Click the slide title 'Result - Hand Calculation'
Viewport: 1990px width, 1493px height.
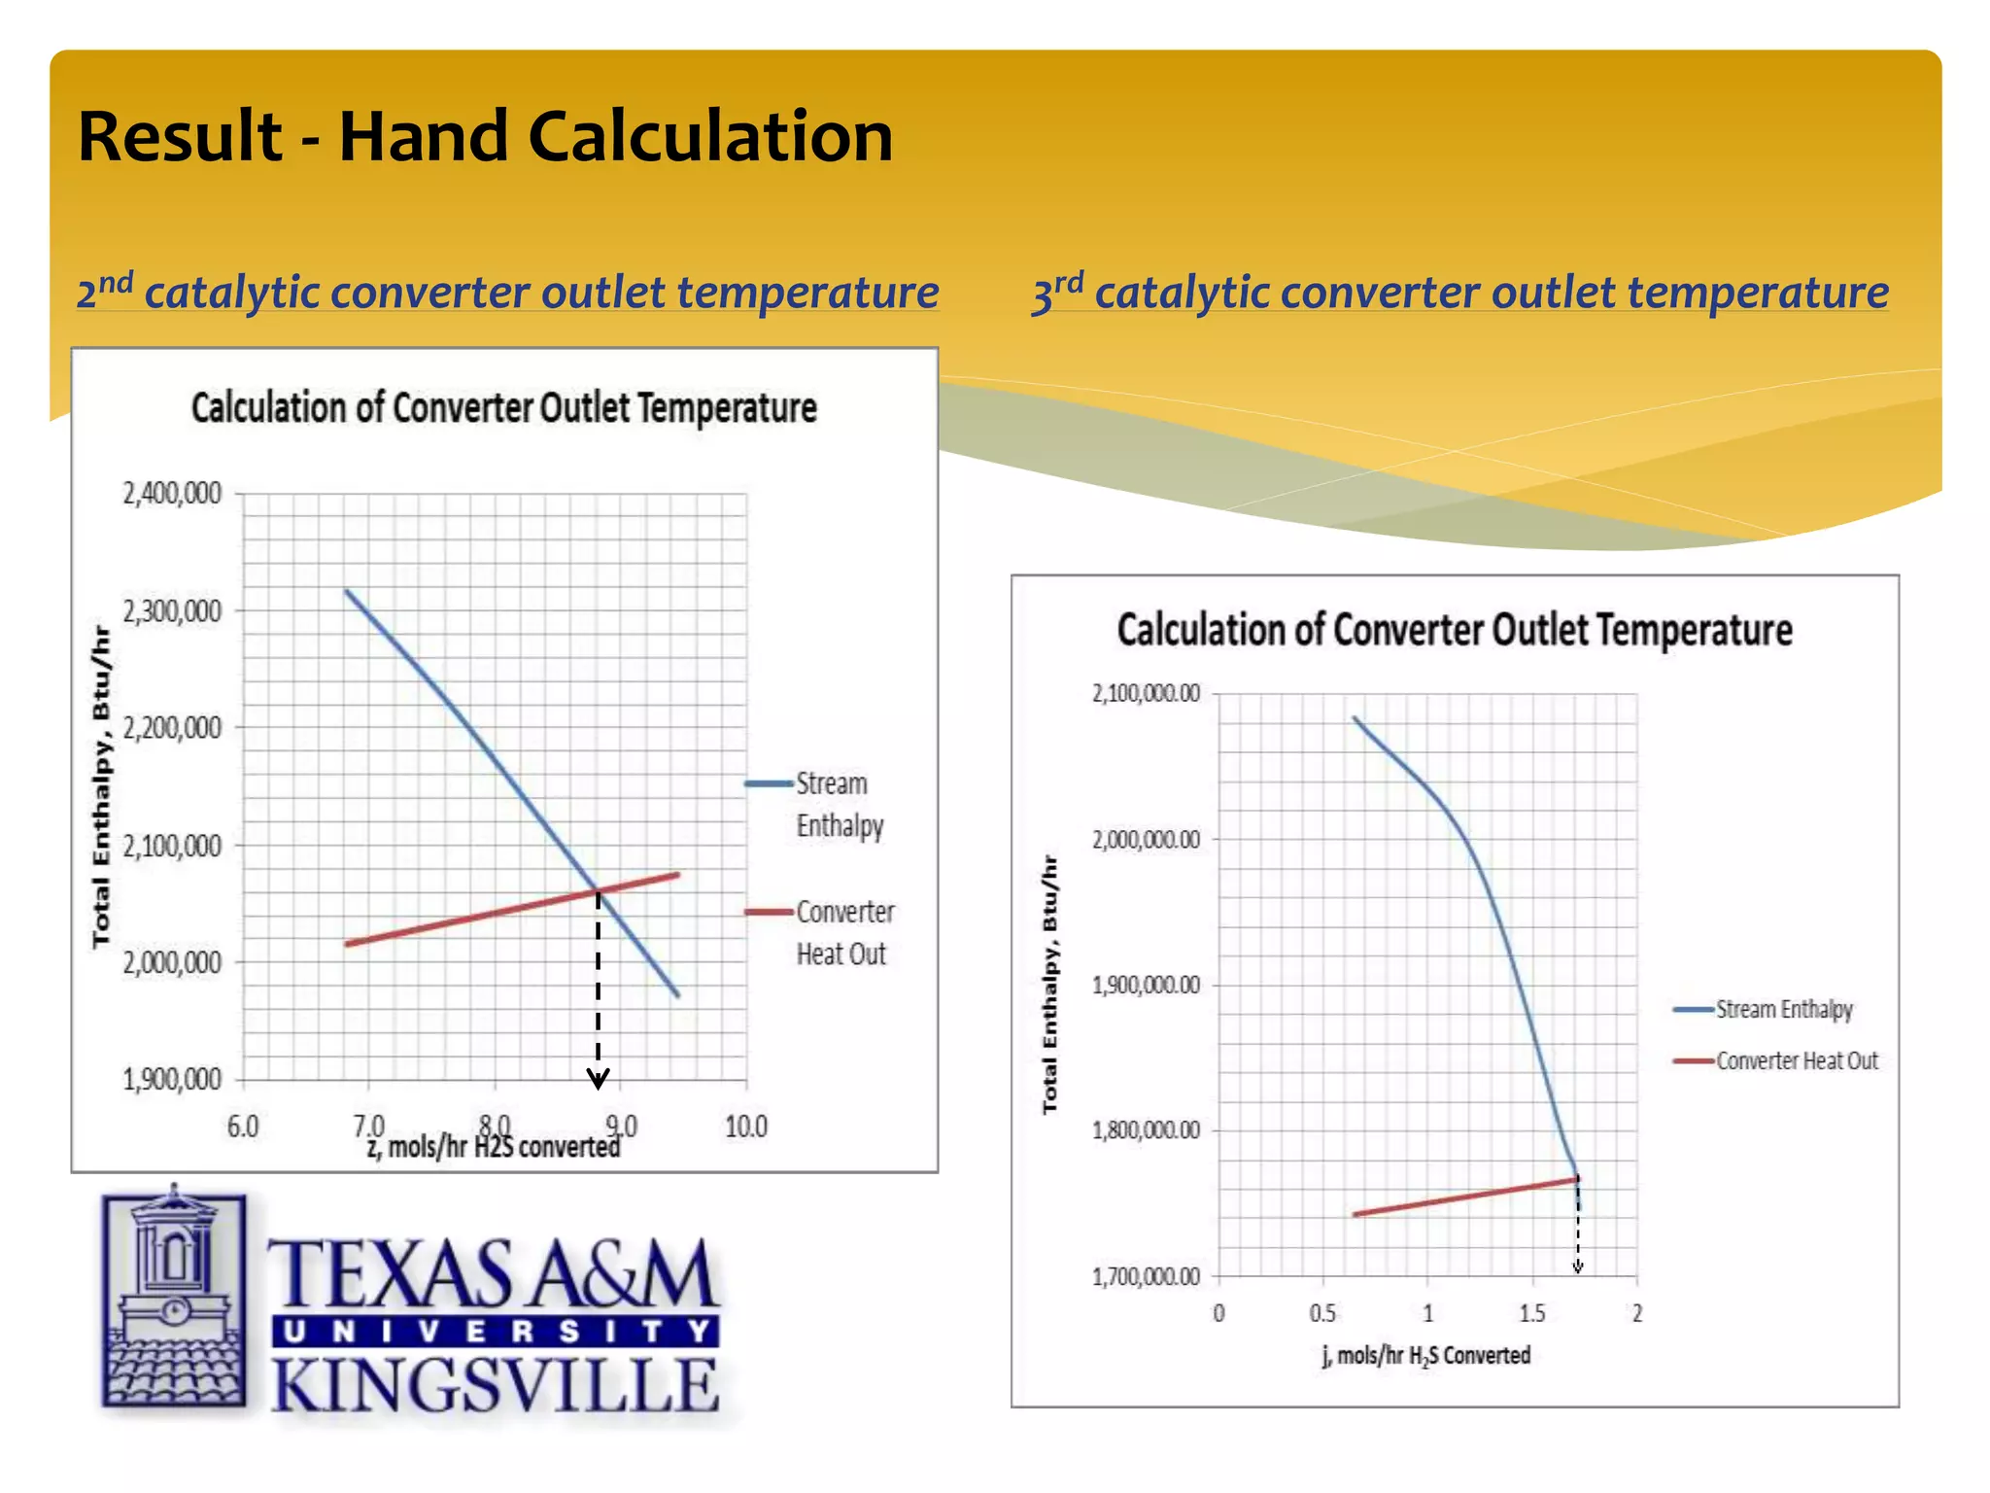click(484, 136)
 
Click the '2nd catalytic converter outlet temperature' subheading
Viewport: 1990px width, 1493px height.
click(507, 293)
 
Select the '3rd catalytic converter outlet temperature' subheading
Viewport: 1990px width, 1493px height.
click(1459, 293)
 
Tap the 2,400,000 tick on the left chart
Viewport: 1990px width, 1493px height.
click(172, 494)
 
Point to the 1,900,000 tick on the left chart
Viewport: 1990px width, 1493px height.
click(172, 1079)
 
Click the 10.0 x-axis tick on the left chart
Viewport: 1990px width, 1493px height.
click(745, 1127)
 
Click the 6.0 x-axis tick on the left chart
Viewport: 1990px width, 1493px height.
click(243, 1127)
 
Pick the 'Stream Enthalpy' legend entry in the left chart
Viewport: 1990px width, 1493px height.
click(831, 804)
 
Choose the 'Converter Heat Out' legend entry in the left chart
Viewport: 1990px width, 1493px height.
click(843, 932)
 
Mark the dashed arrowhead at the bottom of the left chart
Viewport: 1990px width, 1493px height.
click(599, 1078)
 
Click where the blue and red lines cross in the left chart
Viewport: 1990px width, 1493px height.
click(598, 891)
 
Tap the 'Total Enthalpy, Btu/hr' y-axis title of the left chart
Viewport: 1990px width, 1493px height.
click(101, 786)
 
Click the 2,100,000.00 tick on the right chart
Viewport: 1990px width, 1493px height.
click(1146, 693)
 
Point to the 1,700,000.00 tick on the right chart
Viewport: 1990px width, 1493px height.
click(1146, 1276)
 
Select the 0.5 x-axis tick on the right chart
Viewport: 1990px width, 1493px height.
click(1322, 1314)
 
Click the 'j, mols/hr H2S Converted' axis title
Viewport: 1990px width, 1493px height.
click(1425, 1356)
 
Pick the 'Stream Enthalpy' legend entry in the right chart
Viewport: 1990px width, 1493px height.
click(1782, 1010)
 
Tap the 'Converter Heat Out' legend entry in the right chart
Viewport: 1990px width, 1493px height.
click(1796, 1060)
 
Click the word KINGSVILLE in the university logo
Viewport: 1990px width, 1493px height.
click(495, 1386)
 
